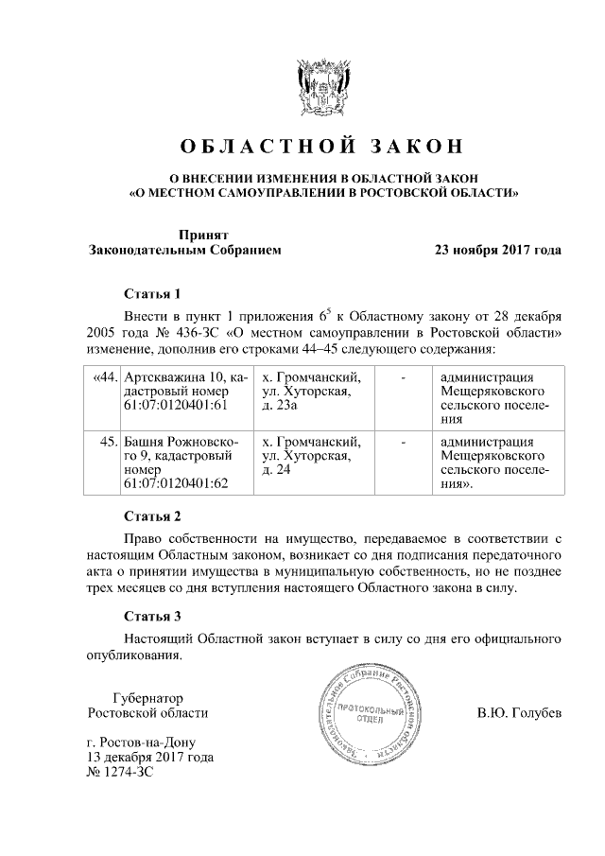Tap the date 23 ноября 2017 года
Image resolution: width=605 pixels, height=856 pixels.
[497, 251]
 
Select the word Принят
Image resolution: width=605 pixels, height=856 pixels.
[204, 235]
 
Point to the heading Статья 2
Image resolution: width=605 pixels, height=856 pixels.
[151, 516]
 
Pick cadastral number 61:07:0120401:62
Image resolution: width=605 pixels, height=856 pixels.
[177, 482]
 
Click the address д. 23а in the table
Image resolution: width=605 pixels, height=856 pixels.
[280, 407]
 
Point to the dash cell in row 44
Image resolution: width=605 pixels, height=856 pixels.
[404, 378]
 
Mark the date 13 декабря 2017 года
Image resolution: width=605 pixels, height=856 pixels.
[149, 758]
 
